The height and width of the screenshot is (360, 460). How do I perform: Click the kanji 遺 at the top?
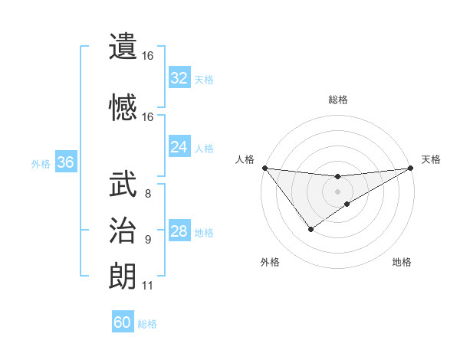point(123,46)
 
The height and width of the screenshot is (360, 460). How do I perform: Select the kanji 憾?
point(123,106)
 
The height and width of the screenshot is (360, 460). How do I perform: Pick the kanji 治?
point(123,230)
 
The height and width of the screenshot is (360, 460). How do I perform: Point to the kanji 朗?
point(123,276)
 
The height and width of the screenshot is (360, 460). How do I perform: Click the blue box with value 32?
point(179,78)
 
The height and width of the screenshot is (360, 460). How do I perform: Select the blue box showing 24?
point(179,147)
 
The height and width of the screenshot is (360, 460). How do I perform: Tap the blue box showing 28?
point(179,231)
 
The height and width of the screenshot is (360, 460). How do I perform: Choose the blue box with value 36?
point(65,162)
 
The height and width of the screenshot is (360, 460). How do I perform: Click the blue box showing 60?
point(123,322)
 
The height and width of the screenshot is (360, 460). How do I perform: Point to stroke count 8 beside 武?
point(148,194)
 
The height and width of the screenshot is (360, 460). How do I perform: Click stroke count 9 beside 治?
point(148,240)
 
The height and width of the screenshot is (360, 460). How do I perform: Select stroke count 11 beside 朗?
point(148,286)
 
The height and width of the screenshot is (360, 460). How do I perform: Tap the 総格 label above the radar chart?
point(338,100)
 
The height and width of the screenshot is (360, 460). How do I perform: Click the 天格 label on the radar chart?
point(431,159)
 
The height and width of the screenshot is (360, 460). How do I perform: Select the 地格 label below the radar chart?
point(402,263)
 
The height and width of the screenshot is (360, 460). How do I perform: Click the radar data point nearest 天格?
point(411,168)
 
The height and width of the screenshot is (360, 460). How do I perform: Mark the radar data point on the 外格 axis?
point(310,228)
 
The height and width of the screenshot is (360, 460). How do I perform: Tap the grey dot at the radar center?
point(337,191)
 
